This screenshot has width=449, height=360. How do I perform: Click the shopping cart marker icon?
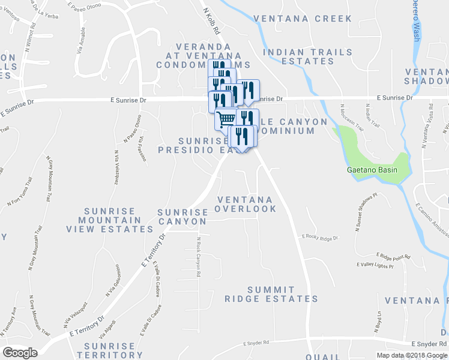click(x=226, y=118)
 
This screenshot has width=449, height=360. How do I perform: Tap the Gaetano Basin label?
click(x=373, y=170)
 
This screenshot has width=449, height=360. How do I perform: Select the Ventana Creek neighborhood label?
click(x=303, y=19)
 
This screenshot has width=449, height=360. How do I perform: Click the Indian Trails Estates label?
click(x=308, y=56)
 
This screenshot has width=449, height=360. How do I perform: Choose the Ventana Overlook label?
click(x=246, y=204)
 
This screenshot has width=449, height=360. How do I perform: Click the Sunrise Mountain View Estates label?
click(x=119, y=220)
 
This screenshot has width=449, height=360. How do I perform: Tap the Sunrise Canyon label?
click(x=182, y=217)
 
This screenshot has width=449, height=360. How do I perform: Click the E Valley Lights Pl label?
click(x=375, y=265)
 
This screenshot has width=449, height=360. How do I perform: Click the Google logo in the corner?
click(x=20, y=353)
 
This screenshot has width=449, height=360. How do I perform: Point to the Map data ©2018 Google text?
click(x=412, y=355)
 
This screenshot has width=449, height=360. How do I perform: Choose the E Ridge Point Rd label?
click(x=393, y=256)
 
